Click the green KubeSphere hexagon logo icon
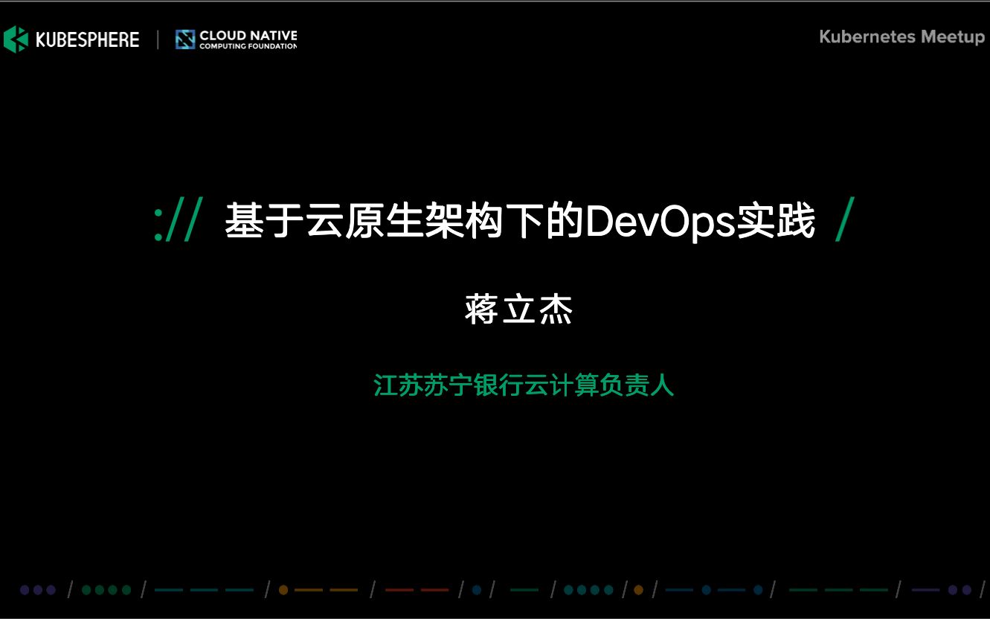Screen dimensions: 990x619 coord(16,39)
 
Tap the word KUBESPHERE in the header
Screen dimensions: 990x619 coord(88,39)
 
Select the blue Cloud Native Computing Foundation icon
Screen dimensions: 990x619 coord(185,39)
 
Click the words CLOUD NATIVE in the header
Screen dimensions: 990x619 coord(248,36)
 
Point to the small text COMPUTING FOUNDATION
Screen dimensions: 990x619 coord(248,46)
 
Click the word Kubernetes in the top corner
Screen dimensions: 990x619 coord(867,36)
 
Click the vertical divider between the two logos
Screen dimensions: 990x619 coord(158,39)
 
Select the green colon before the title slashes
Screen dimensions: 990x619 coord(158,225)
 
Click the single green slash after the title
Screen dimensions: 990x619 coord(845,219)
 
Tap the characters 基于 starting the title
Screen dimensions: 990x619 coord(264,220)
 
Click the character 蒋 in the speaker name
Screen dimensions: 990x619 coord(481,309)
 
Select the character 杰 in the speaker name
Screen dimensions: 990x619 coord(556,309)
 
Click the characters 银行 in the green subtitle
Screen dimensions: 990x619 coord(498,385)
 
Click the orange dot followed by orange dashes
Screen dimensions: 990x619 coord(283,590)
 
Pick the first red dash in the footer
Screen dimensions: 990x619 coord(399,590)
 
